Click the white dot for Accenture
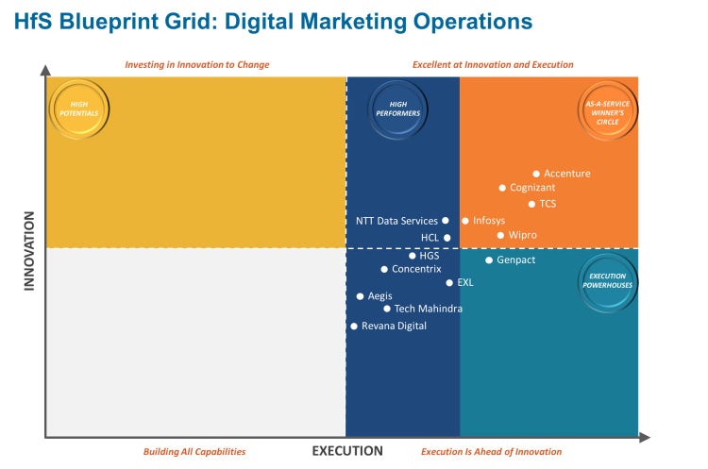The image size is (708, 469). (536, 174)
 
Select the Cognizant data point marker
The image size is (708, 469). (502, 188)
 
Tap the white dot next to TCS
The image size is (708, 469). (531, 204)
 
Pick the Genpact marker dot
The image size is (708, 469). (489, 260)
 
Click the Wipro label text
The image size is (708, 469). (522, 235)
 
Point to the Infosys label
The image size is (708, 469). (488, 221)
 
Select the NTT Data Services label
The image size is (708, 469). (396, 221)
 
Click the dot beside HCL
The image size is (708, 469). (447, 238)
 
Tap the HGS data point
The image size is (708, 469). (412, 256)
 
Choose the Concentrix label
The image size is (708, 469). (416, 269)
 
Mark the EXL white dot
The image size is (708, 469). (449, 282)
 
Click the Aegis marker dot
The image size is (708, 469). (360, 296)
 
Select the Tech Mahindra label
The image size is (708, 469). (429, 309)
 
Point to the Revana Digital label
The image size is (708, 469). (394, 327)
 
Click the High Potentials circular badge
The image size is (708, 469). (78, 108)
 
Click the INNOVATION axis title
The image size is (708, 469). (29, 251)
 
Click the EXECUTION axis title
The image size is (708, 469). (347, 451)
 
